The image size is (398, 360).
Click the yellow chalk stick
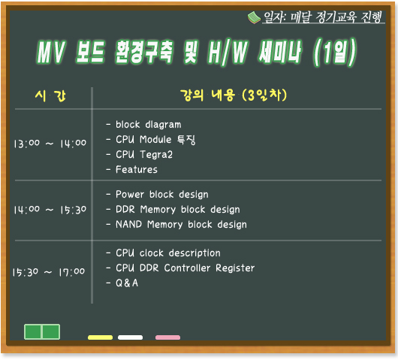tap(100, 337)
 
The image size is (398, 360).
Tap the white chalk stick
tap(130, 337)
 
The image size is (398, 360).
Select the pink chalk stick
tap(167, 337)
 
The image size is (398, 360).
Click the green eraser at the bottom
tap(42, 331)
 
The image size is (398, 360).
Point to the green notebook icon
tap(254, 18)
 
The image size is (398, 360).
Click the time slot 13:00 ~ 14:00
tap(50, 144)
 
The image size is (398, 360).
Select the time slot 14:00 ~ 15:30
tap(50, 210)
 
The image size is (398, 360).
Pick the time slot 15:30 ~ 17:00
tap(49, 272)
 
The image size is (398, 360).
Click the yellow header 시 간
tap(50, 95)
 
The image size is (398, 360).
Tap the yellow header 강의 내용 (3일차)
tap(234, 95)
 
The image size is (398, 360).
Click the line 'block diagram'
tap(149, 125)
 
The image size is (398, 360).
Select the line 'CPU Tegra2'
tap(144, 155)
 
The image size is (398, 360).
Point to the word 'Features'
tap(137, 169)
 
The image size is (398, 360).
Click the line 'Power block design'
tap(162, 195)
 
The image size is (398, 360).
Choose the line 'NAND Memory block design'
tap(181, 225)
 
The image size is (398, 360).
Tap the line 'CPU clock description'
tap(168, 253)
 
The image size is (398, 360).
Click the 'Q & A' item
tap(127, 283)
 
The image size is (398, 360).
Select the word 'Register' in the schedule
tap(235, 268)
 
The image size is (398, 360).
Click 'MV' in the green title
tap(51, 52)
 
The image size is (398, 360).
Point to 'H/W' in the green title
tap(228, 52)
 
